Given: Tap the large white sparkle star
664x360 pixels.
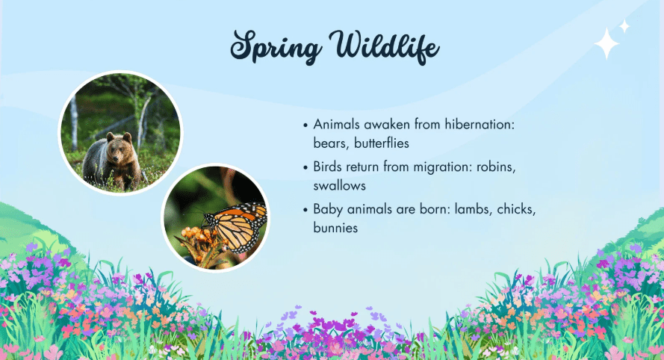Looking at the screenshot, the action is pos(606,43).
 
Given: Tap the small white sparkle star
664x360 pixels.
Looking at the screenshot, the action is pos(624,26).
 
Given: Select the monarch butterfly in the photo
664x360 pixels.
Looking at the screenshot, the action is pos(235,226).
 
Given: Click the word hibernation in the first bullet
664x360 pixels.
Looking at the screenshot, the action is pos(480,124).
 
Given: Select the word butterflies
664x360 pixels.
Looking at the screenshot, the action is pos(382,143).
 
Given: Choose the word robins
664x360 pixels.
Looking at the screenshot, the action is pos(496,167).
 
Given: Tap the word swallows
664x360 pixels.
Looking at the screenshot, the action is pos(340,185).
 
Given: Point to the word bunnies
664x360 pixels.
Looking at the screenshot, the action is pos(335,228).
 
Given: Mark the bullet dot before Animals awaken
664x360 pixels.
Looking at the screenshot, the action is pos(305,125).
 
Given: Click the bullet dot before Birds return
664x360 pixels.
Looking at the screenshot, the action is pos(305,168).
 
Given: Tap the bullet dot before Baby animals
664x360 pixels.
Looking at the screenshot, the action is pos(305,210).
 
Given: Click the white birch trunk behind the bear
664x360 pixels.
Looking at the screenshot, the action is pos(74,122).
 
